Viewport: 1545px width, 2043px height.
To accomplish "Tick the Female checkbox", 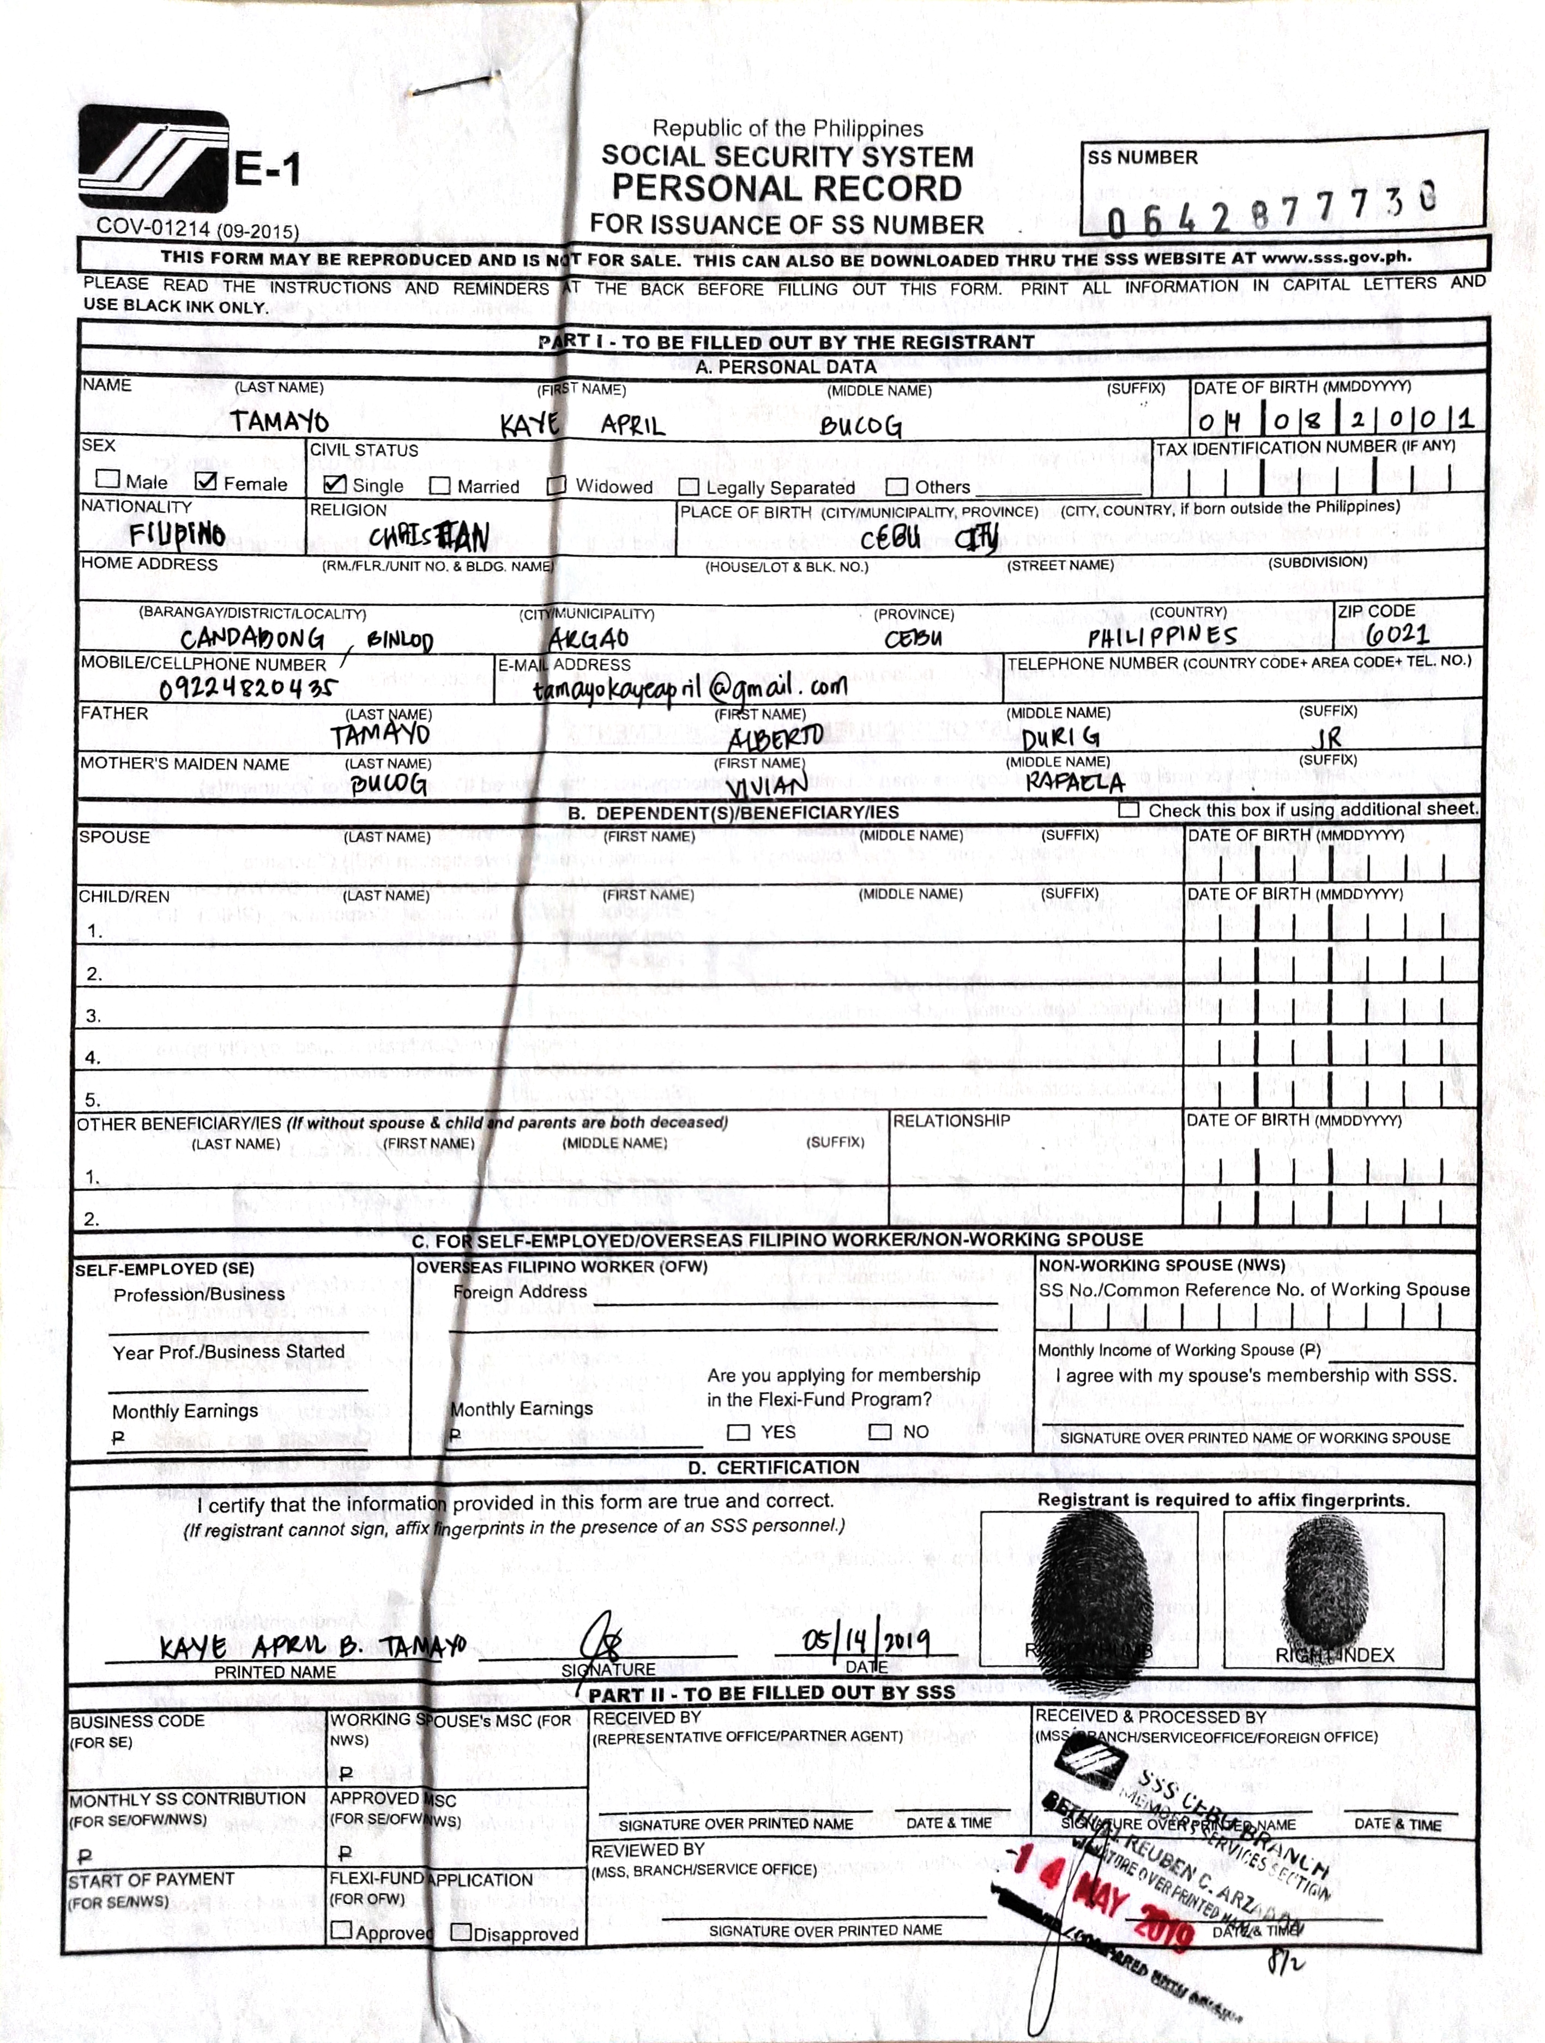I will (207, 481).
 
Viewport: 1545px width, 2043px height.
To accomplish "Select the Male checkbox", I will (108, 479).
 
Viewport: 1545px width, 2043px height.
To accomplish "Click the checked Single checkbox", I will (335, 484).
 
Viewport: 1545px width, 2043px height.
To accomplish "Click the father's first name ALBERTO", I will (775, 738).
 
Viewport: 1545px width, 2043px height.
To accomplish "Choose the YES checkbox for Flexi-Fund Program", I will (738, 1432).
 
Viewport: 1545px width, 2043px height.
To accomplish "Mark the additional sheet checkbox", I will (1127, 810).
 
